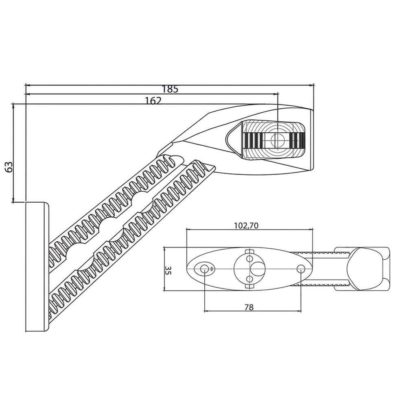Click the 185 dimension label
click(170, 89)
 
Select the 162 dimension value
click(153, 101)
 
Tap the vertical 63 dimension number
click(9, 167)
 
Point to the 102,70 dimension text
click(246, 225)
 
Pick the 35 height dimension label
click(168, 270)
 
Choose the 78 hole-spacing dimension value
click(249, 307)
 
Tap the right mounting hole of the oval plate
click(301, 268)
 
